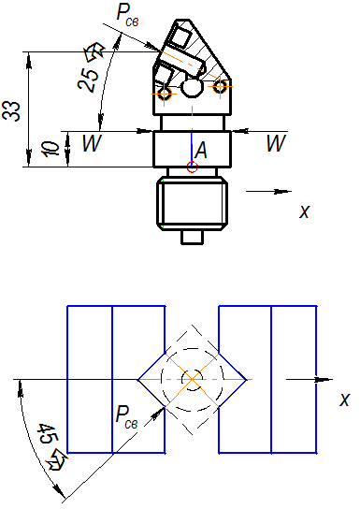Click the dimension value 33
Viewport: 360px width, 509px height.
pos(10,111)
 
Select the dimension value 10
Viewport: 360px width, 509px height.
pos(51,149)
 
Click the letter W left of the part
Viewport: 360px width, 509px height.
pos(92,143)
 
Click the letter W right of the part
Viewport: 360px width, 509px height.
pos(276,143)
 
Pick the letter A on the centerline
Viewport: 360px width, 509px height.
pos(201,151)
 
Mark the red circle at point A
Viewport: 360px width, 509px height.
pos(192,167)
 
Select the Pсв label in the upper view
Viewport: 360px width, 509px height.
pos(127,16)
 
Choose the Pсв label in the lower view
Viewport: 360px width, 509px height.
pos(126,417)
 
